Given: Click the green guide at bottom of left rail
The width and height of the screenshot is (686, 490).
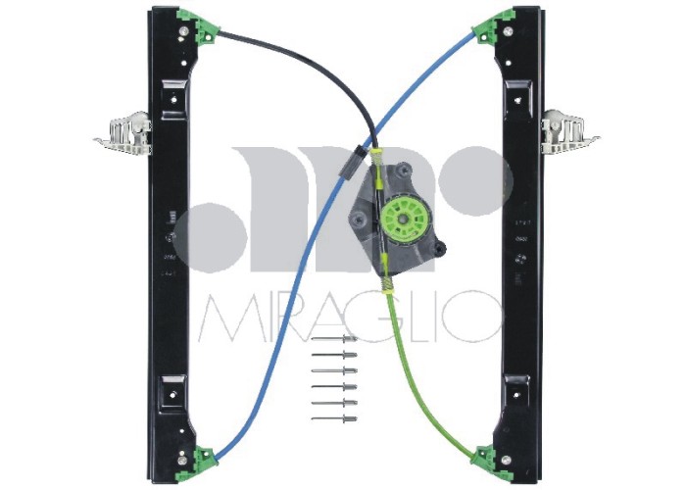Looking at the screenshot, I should [x=203, y=456].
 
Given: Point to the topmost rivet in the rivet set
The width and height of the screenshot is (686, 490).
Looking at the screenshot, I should [x=334, y=338].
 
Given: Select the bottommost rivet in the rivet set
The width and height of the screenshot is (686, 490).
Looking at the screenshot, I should [x=334, y=418].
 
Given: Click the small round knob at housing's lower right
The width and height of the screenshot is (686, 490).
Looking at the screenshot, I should [x=441, y=246].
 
